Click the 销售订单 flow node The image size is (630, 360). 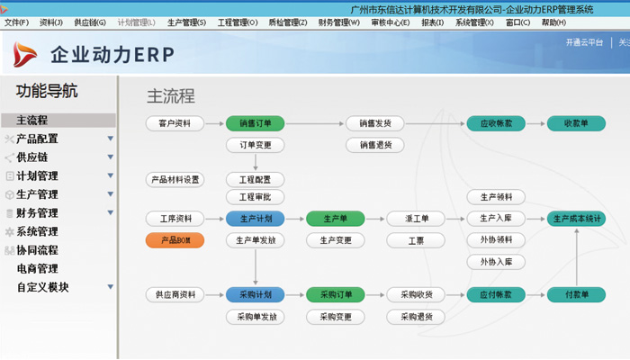256,123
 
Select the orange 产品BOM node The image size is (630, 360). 175,240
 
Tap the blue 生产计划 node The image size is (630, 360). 256,219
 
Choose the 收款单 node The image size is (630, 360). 576,123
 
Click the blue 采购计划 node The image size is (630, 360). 256,295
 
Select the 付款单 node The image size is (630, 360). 576,295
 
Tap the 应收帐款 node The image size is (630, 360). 496,123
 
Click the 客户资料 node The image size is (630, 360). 175,123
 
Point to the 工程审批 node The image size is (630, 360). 256,197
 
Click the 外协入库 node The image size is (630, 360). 496,262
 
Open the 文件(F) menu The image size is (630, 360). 17,22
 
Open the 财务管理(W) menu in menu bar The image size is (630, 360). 338,22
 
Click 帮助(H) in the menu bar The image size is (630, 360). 552,22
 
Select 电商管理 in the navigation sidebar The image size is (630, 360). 37,269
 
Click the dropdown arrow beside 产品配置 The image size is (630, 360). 111,139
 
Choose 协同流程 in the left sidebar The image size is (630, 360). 37,250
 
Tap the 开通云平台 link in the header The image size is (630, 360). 584,42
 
